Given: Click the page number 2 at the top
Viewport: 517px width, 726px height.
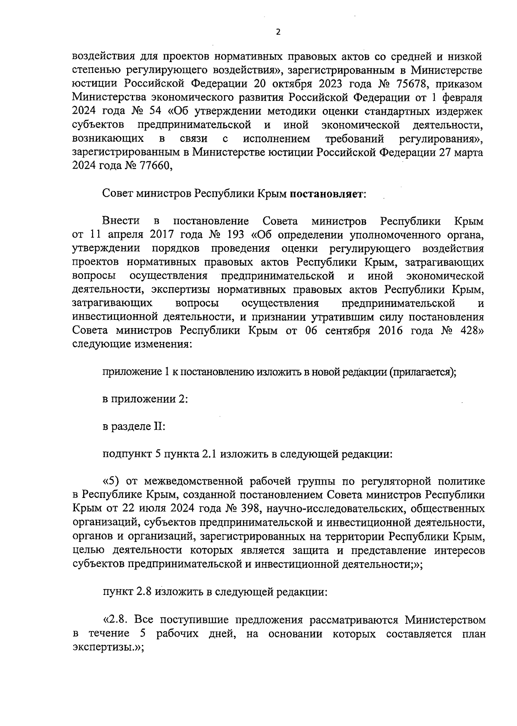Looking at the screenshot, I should click(278, 31).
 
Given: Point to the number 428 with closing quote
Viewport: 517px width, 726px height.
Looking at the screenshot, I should click(469, 331).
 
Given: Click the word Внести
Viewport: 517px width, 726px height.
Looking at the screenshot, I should click(121, 221).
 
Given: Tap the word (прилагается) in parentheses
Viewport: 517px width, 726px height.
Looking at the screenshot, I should click(422, 372).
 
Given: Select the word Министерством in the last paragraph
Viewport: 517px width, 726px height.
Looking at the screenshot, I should click(445, 620).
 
